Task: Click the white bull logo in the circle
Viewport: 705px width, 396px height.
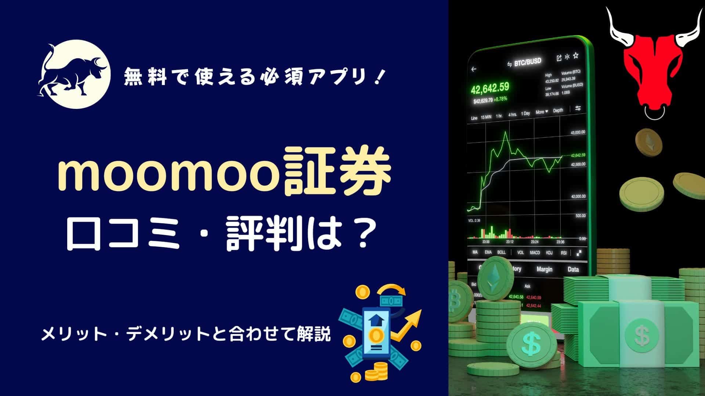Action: [74, 74]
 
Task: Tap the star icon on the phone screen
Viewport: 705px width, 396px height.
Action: [576, 56]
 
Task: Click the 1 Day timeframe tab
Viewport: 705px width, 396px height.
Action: [526, 114]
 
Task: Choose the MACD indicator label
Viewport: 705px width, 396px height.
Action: [535, 253]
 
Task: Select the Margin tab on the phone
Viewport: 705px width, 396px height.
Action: [544, 269]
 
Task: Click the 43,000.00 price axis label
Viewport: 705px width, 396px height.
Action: [578, 132]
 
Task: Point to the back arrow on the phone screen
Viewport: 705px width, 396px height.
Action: [474, 69]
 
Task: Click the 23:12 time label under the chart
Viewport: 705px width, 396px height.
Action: [510, 242]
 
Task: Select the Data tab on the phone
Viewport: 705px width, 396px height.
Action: [573, 269]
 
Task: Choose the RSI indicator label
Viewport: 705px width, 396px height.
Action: [564, 253]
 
